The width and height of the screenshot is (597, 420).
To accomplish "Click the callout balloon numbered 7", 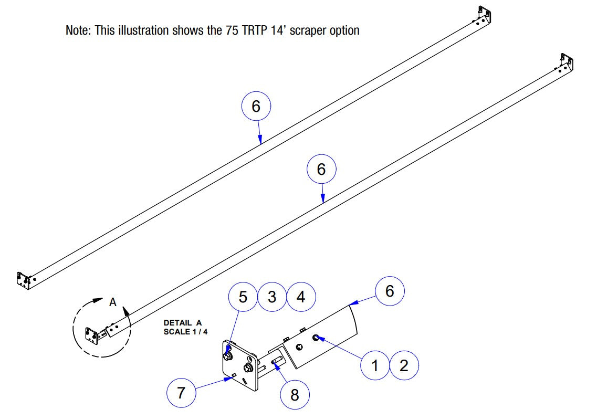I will click(181, 393).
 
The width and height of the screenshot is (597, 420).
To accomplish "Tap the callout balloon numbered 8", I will click(295, 394).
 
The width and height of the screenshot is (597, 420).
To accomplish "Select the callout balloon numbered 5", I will click(243, 297).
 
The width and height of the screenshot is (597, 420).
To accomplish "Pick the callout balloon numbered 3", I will click(272, 297).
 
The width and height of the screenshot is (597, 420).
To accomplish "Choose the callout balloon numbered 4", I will click(301, 297).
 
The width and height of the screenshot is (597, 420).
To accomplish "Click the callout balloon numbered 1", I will click(375, 365).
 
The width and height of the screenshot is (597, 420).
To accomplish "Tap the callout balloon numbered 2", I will click(404, 365).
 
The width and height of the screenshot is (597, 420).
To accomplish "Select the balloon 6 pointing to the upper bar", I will click(256, 107).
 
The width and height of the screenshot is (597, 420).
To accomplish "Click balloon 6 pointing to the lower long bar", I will click(321, 169).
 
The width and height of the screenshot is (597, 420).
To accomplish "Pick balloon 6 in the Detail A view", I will click(390, 291).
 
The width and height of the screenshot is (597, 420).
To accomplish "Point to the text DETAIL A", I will click(182, 323).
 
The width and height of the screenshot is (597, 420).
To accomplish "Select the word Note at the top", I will click(78, 30).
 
